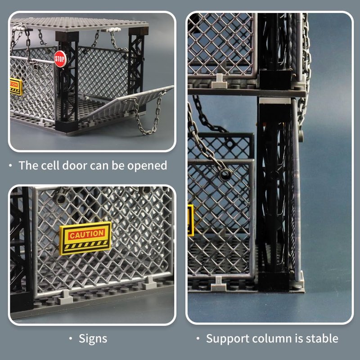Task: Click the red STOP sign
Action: pos(60,59)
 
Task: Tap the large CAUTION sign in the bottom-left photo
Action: pos(85,238)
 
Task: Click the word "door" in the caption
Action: pos(75,165)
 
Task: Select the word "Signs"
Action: pos(93,339)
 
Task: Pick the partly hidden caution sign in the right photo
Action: pos(191,220)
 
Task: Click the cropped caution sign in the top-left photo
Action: pos(16,87)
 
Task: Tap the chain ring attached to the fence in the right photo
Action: pos(225,174)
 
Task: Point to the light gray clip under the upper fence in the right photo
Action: pos(219,81)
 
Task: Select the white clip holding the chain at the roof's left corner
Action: pos(18,28)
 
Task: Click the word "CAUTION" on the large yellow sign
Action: pos(87,234)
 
